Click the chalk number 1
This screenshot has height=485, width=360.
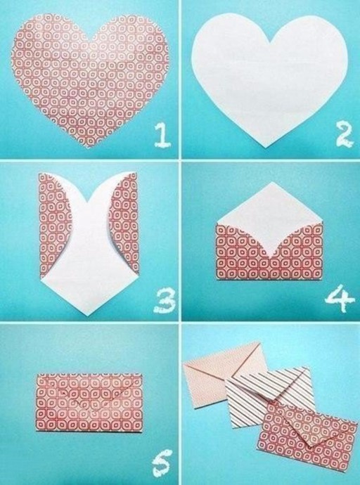[162, 134]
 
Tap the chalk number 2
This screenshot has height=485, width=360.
[345, 135]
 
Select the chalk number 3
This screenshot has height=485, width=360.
[165, 300]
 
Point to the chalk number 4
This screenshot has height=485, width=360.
[340, 298]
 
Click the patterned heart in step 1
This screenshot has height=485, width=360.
[90, 77]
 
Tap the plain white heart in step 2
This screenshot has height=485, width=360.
[270, 77]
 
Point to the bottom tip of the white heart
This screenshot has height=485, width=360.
[265, 148]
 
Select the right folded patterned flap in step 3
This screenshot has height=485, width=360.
[125, 223]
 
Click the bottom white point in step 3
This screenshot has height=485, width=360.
[88, 316]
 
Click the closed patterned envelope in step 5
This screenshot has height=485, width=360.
[89, 402]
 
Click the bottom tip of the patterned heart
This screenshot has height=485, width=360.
[88, 148]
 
